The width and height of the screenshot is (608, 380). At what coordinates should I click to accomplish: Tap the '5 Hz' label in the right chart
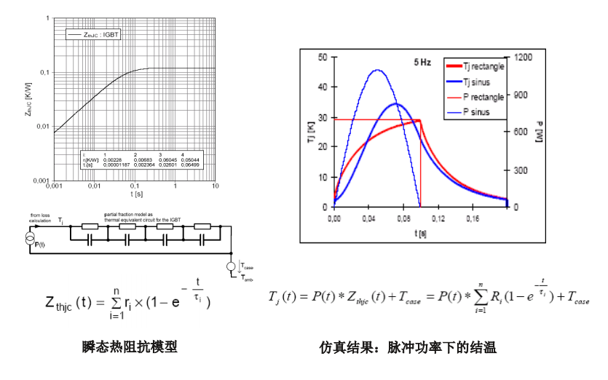[422, 63]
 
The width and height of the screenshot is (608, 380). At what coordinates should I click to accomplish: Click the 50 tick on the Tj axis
[323, 56]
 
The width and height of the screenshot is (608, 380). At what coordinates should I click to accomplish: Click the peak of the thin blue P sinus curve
[376, 71]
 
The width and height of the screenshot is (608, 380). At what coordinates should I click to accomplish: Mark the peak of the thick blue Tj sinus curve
[395, 103]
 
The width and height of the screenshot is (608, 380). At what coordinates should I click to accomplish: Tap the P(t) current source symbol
[29, 240]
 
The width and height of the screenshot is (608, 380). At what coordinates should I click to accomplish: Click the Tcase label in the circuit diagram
[247, 268]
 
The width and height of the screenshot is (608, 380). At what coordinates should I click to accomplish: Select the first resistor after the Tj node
[90, 226]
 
